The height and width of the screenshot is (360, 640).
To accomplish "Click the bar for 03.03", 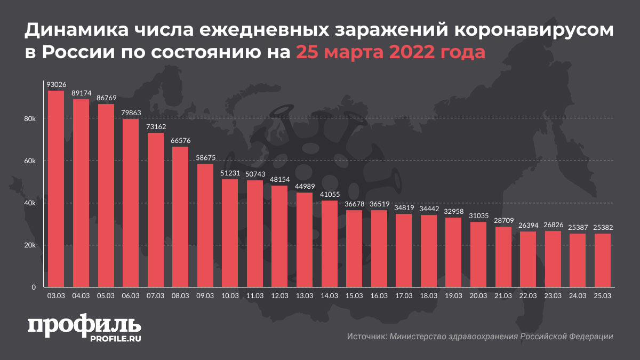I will [56, 189].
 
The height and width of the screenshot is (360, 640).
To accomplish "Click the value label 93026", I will [56, 85].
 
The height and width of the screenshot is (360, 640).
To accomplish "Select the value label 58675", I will [205, 158].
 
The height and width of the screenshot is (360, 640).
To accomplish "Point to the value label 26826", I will [553, 225].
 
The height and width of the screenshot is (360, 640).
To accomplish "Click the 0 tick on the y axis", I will [33, 287].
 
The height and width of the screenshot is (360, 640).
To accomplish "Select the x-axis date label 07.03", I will [155, 295].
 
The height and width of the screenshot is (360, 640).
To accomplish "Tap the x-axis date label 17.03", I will [403, 295].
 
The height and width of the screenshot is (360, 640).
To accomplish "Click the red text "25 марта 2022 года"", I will [390, 53].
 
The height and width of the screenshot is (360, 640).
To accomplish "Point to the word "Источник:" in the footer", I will [366, 337].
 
